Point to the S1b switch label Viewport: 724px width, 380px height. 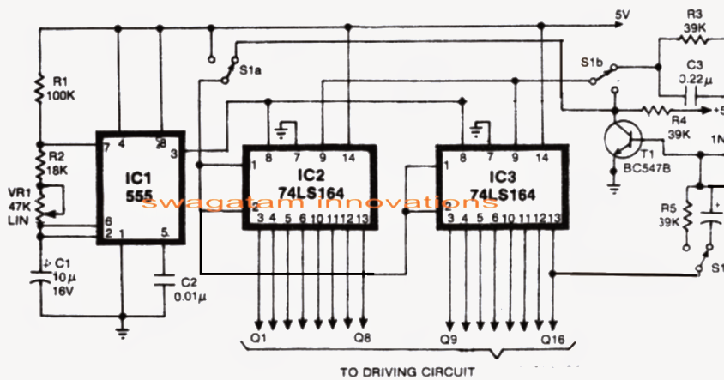point(592,63)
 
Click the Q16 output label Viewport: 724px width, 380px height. point(552,340)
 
